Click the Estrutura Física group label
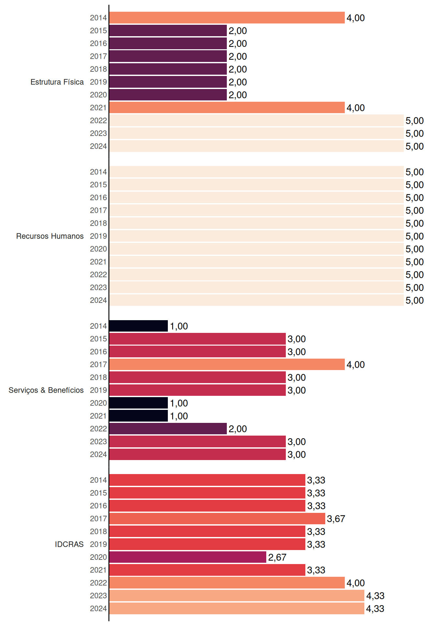pyautogui.click(x=57, y=82)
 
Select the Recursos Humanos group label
pyautogui.click(x=50, y=236)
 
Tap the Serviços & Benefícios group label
pyautogui.click(x=46, y=390)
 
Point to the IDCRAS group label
pyautogui.click(x=69, y=544)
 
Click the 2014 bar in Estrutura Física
pyautogui.click(x=227, y=18)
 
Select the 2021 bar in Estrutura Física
pyautogui.click(x=227, y=108)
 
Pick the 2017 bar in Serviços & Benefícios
pyautogui.click(x=227, y=365)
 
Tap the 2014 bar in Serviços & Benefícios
pyautogui.click(x=139, y=326)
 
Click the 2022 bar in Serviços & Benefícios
pyautogui.click(x=168, y=429)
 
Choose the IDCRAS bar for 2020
pyautogui.click(x=188, y=557)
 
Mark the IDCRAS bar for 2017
pyautogui.click(x=217, y=519)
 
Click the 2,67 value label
pyautogui.click(x=277, y=558)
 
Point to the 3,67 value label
pyautogui.click(x=336, y=519)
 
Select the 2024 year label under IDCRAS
pyautogui.click(x=98, y=609)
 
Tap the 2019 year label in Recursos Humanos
pyautogui.click(x=98, y=236)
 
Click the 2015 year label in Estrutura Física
pyautogui.click(x=98, y=31)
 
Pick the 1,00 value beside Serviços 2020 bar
pyautogui.click(x=179, y=403)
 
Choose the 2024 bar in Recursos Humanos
pyautogui.click(x=256, y=300)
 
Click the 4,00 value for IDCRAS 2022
pyautogui.click(x=356, y=583)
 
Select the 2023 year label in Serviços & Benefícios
pyautogui.click(x=98, y=441)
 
